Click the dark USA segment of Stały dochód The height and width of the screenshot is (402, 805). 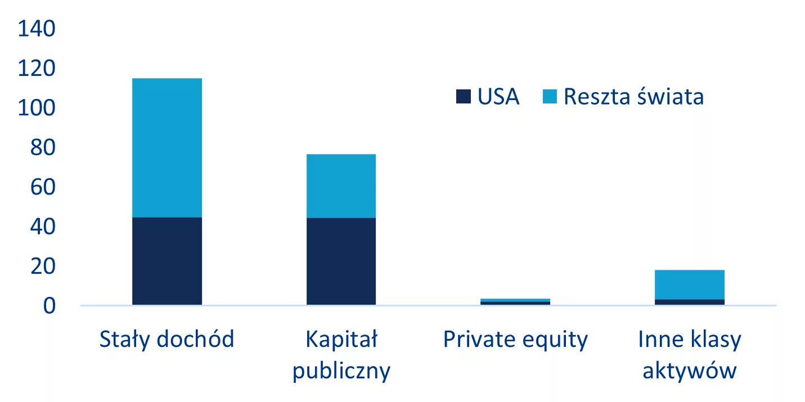coord(167,261)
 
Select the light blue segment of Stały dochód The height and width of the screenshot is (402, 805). coord(167,148)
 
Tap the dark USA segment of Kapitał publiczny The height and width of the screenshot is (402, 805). coord(341,261)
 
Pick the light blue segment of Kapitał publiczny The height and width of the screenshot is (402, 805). coord(341,186)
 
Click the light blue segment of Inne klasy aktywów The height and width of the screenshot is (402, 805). coord(690,284)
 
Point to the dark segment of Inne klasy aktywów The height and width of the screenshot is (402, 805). coord(690,302)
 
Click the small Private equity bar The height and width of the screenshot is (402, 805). coord(515,302)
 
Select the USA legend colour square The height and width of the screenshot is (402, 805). coord(463,97)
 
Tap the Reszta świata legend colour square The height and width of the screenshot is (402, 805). coord(550,97)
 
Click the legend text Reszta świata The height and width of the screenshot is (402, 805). coord(633,97)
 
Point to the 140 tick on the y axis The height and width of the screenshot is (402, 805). coord(37,29)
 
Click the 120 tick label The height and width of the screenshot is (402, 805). coord(37,68)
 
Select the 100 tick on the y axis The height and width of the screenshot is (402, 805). coord(37,108)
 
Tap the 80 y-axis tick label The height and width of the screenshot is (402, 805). coord(43,147)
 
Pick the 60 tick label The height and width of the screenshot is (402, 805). coord(43,187)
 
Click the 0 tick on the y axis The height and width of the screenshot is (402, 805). coord(50,306)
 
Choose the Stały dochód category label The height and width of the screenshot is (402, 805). coord(167,339)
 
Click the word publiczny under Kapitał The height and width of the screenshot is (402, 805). coord(341,371)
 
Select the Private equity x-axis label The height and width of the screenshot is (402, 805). coord(515,340)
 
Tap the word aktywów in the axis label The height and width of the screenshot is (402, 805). coord(690,371)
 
